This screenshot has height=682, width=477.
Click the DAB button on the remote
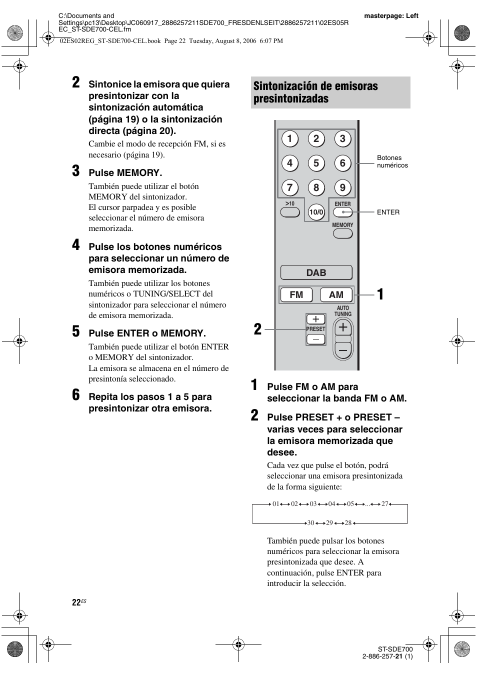click(x=316, y=272)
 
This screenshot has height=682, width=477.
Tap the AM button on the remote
click(x=336, y=295)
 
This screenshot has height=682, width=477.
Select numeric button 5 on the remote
click(x=316, y=163)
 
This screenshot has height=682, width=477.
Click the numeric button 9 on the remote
click(x=342, y=187)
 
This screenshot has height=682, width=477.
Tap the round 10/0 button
click(x=316, y=212)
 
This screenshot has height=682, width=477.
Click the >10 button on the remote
click(x=290, y=212)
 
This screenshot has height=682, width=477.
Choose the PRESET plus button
click(x=315, y=319)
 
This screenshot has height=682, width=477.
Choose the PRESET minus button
click(x=315, y=339)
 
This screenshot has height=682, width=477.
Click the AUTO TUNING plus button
click(x=343, y=328)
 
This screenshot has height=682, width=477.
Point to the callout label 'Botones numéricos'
click(x=392, y=161)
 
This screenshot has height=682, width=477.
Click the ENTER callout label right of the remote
click(x=388, y=212)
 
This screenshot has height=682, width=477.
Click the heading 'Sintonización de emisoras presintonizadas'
click(x=315, y=92)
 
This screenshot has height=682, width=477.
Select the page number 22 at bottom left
click(x=76, y=602)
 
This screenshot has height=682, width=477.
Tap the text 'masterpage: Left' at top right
click(x=391, y=15)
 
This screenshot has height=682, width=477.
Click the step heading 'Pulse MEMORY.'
click(x=125, y=173)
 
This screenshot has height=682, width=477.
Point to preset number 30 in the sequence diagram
click(x=310, y=522)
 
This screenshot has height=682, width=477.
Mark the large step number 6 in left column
click(x=75, y=395)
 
